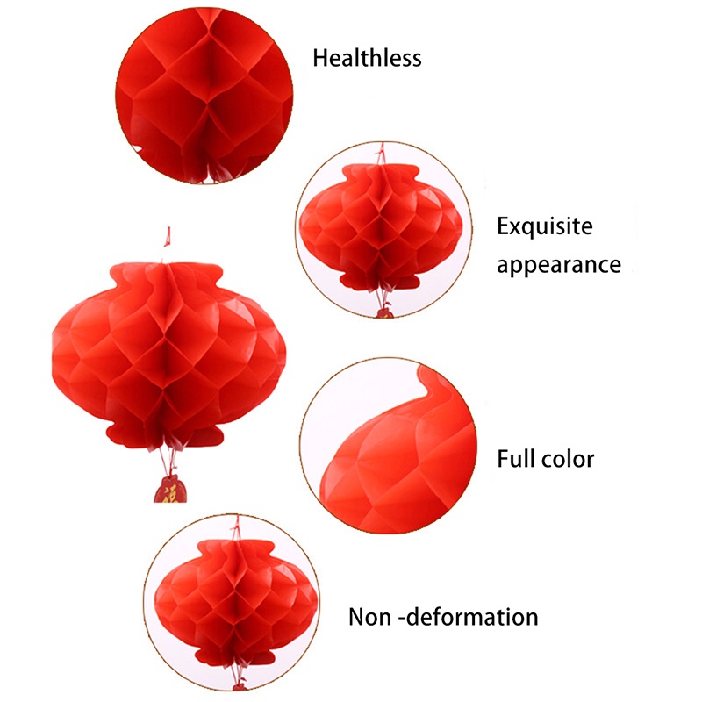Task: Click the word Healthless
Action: coord(367,58)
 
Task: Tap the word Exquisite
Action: coord(545,227)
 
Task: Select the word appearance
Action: coord(559,264)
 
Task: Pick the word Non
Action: coord(369,616)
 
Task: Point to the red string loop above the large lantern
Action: coord(166,235)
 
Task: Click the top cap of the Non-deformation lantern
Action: coord(232,549)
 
